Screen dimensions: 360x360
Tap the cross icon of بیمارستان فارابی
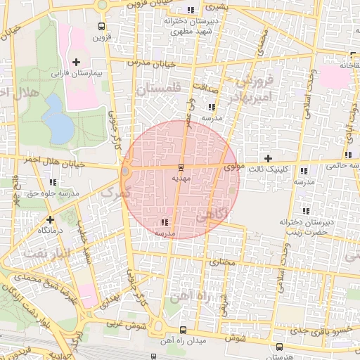tap(76, 63)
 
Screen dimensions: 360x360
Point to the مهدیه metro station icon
tap(181, 167)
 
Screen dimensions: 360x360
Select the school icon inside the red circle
tap(165, 222)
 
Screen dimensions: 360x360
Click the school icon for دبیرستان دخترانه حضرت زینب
tap(305, 211)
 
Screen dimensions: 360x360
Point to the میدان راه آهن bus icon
tap(183, 330)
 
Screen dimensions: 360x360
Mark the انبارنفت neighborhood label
tap(46, 252)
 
